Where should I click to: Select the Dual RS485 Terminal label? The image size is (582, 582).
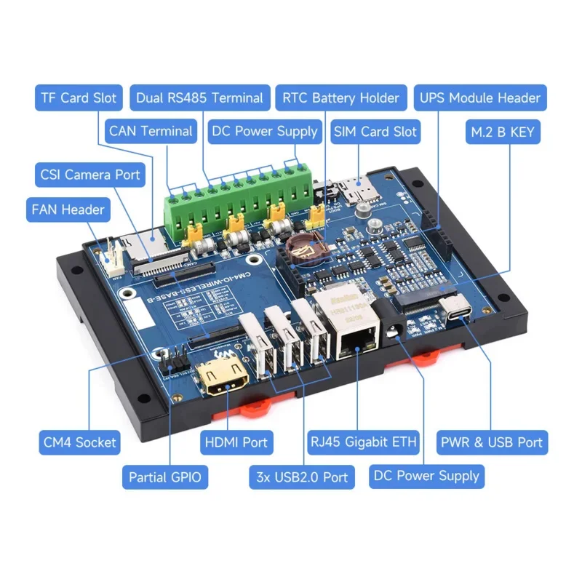coord(199,98)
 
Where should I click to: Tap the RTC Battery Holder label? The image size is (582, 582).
coord(340,98)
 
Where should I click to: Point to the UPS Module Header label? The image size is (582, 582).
coord(479,98)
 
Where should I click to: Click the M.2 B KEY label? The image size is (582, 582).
coord(503,132)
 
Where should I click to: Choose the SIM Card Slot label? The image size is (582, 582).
coord(375,132)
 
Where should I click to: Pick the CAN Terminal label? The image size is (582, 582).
coord(151,132)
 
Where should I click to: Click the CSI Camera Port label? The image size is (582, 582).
coord(90,175)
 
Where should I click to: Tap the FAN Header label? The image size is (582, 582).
coord(68,210)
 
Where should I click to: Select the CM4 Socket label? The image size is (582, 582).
coord(79,442)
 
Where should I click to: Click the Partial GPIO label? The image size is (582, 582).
coord(164,477)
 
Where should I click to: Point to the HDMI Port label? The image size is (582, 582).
coord(235,442)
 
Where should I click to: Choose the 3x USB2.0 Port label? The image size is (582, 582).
coord(301,477)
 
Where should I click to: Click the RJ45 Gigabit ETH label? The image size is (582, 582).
coord(364,442)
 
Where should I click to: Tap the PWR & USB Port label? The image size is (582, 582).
coord(491,442)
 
